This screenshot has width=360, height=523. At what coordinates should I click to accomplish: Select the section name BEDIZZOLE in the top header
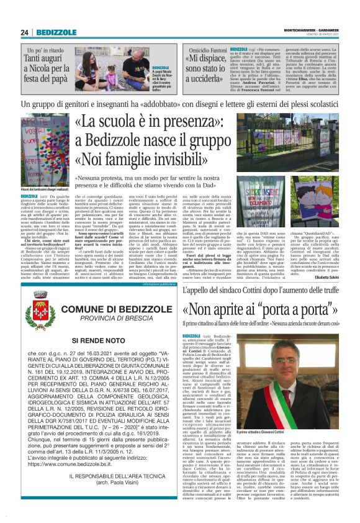click(x=56, y=32)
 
